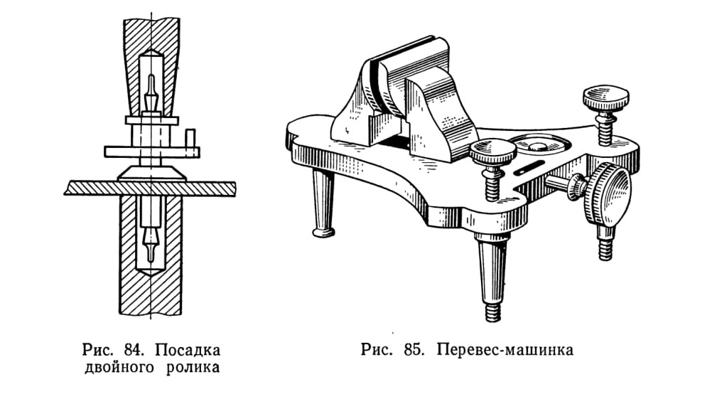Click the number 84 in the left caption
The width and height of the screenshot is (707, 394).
coord(134,350)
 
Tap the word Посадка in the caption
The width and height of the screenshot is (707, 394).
coord(188,350)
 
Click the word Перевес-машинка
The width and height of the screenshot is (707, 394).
coord(505,350)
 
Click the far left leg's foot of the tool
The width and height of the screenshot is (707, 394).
coord(323,232)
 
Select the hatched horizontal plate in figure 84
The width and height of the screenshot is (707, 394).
coord(150,188)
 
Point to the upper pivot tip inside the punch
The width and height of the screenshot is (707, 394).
coord(151,92)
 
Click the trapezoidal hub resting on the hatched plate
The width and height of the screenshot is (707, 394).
coord(151,174)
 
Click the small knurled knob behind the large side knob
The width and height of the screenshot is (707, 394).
coord(576,186)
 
